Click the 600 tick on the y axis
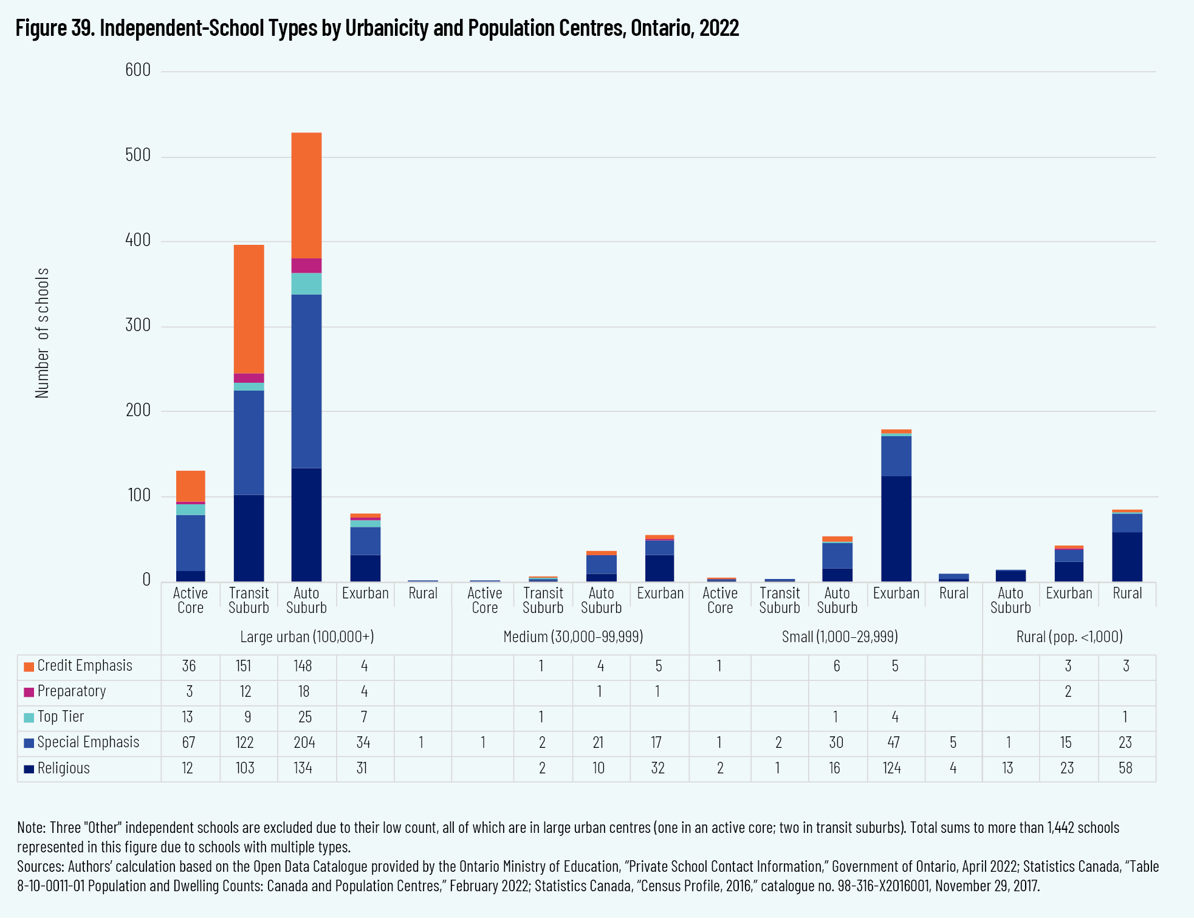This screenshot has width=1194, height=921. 138,70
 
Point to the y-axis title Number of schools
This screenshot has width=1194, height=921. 42,333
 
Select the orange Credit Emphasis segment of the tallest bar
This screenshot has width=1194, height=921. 306,195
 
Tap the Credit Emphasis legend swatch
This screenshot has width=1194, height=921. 29,666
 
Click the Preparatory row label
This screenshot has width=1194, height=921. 71,691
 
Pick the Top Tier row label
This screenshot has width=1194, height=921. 60,717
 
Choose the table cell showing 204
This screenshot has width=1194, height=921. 304,742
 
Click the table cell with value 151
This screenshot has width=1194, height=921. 244,666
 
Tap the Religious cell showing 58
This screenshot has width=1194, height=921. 1125,769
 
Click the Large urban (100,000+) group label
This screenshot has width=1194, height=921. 307,637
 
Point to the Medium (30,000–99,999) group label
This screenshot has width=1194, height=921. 572,637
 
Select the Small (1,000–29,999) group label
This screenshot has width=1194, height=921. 839,637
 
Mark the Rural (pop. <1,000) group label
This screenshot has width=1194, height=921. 1069,637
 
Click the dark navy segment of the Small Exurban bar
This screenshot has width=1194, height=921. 896,529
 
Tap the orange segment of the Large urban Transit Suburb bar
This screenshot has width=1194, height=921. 249,309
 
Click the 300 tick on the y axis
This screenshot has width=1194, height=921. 138,326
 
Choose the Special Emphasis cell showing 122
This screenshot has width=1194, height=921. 245,742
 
